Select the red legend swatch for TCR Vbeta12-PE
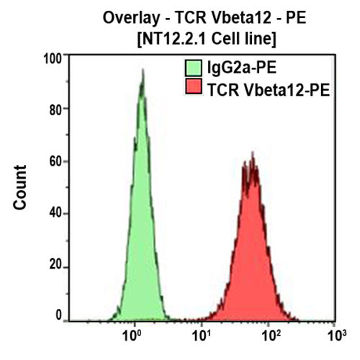tap(193, 89)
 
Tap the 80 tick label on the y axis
tap(57, 109)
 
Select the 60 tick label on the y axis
tap(57, 161)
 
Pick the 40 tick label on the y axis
tap(57, 214)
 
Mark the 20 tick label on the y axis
tap(57, 267)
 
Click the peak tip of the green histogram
tap(143, 71)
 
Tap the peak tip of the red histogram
tap(252, 153)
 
